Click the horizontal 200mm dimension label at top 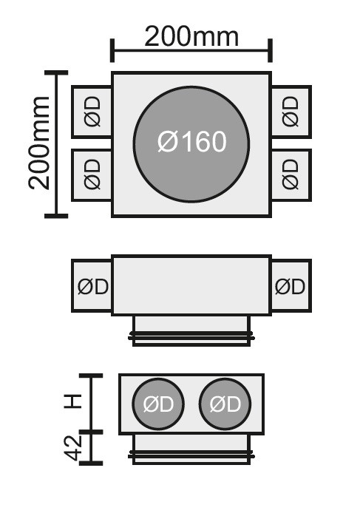click(x=191, y=37)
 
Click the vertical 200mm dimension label click(x=39, y=143)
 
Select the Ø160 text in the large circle click(x=192, y=142)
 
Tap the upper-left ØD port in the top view click(x=92, y=112)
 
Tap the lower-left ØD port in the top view click(x=92, y=174)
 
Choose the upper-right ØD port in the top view click(x=291, y=112)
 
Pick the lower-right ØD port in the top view click(x=291, y=174)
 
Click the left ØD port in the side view click(x=92, y=285)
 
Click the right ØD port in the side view click(x=291, y=285)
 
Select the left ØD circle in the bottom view click(x=158, y=404)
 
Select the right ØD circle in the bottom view click(x=225, y=404)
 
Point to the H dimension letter click(x=72, y=401)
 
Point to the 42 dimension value click(x=72, y=448)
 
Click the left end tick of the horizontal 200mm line click(x=112, y=50)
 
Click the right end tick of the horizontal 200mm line click(x=270, y=50)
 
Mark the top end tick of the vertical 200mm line click(x=56, y=72)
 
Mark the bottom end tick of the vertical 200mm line click(x=56, y=216)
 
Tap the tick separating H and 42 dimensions click(x=91, y=432)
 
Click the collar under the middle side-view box click(x=191, y=330)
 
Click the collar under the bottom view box click(x=191, y=449)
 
